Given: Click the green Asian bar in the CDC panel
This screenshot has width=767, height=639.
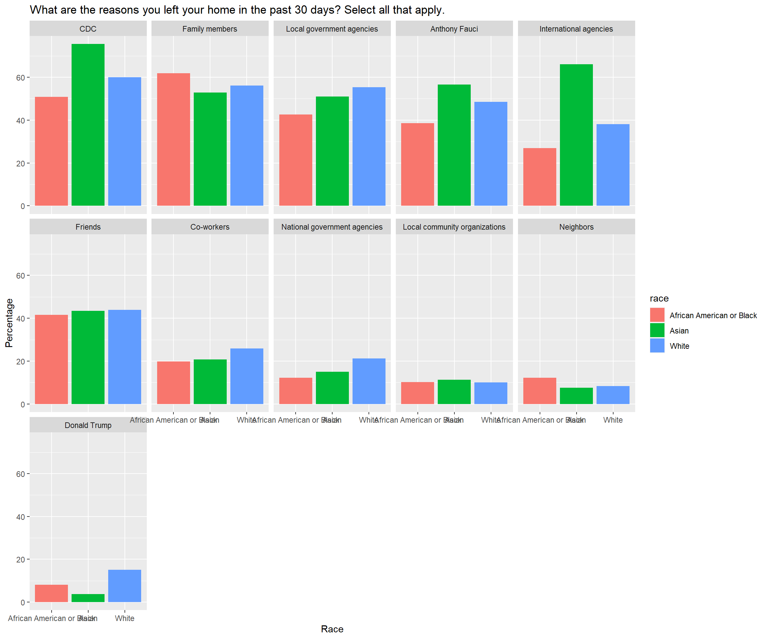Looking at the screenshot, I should pos(88,124).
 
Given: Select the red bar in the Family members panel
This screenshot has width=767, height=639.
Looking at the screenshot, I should pos(173,139).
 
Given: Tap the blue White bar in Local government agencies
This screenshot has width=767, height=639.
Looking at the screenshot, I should pos(369,146).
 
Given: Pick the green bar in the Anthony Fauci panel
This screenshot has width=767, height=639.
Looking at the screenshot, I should pos(454,145).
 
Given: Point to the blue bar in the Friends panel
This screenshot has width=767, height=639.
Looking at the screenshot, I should pos(125,357).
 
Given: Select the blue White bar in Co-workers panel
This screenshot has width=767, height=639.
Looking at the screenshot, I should pos(247,376).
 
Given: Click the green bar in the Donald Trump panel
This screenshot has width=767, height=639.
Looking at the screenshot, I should pos(88,598).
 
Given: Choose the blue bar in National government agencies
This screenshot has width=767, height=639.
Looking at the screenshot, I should pos(369,381).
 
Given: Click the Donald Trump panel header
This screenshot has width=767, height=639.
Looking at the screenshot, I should pos(88,425).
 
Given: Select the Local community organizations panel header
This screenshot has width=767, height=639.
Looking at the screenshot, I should pos(454,227).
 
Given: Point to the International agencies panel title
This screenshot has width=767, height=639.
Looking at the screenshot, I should pos(576,29).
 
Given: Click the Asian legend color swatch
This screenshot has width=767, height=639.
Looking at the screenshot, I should pos(657,330).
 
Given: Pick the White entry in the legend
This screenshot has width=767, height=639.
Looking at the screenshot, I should pos(679,346).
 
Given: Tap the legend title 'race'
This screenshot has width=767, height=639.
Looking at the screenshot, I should pos(659,298).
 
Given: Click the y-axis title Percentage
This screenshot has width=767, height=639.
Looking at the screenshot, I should pos(9,323).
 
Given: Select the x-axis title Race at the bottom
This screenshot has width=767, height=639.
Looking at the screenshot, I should pos(332,629).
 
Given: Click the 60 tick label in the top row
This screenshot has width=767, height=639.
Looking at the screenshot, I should pos(20,78).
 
